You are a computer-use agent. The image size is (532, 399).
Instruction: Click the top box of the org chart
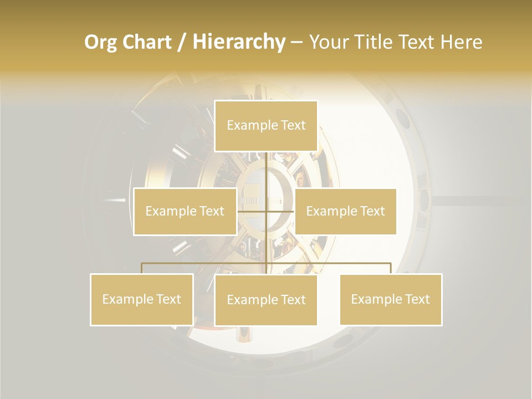point(266,126)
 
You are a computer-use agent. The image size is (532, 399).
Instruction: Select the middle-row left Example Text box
point(185,211)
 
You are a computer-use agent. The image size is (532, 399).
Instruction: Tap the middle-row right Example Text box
point(345,211)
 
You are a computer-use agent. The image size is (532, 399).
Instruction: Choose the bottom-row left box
point(142,299)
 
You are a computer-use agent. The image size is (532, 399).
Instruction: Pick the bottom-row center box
point(266,300)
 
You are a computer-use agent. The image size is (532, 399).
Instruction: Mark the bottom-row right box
point(391,299)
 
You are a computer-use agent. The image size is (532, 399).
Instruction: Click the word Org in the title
point(100,42)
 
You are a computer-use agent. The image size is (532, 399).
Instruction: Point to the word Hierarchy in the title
point(239,42)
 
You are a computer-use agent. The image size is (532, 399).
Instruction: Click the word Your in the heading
point(331,42)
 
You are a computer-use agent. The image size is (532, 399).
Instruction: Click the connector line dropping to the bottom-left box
point(142,268)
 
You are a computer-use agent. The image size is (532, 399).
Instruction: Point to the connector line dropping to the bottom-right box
point(391,268)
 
